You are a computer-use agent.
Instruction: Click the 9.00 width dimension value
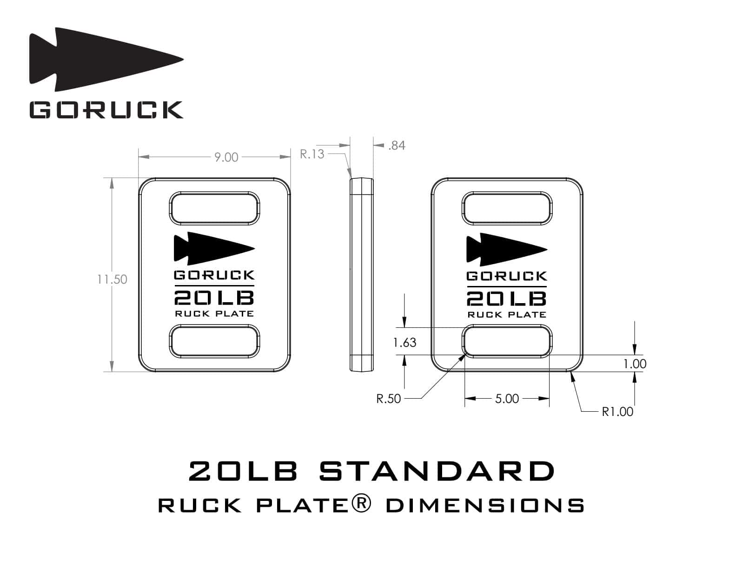pos(226,157)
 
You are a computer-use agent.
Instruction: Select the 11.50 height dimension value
pos(112,279)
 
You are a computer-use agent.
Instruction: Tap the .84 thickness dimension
pos(397,146)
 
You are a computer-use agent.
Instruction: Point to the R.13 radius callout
pos(312,154)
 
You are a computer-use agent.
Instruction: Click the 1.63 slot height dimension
pos(404,342)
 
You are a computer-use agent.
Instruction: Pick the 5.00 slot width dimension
pos(507,398)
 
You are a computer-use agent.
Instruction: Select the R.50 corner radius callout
pos(388,398)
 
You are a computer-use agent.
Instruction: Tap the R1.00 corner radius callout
pos(617,412)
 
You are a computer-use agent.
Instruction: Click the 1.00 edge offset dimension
pos(635,364)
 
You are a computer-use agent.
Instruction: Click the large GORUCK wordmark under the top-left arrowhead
pos(106,110)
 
